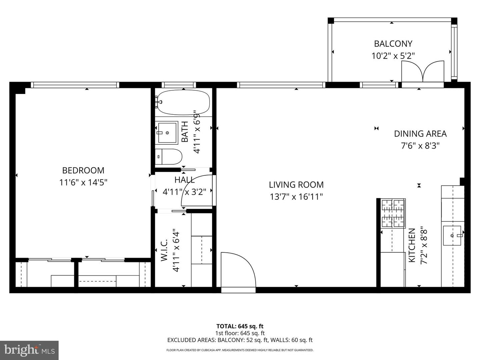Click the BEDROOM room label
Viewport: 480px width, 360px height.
coord(83,170)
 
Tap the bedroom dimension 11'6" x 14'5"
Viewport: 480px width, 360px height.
coord(83,182)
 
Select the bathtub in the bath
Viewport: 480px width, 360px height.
coord(183,102)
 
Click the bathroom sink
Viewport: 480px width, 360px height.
coord(166,132)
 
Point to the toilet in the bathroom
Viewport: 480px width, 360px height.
coord(169,157)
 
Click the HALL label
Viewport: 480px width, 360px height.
coord(184,180)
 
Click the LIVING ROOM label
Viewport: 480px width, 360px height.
coord(296,185)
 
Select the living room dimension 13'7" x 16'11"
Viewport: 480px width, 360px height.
coord(296,197)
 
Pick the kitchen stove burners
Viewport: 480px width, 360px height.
coord(393,213)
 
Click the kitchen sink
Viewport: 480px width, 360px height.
coord(452,236)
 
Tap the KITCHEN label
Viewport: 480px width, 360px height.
coord(412,245)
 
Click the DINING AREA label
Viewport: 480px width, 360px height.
coord(420,134)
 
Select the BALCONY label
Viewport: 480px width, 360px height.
coord(393,44)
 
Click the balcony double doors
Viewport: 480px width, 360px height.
coord(423,72)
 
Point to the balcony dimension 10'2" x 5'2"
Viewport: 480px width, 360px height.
coord(393,56)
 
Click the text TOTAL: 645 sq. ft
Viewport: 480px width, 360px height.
coord(240,326)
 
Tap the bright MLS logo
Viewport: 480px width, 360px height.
coord(29,350)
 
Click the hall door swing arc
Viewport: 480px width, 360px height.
coord(197,190)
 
